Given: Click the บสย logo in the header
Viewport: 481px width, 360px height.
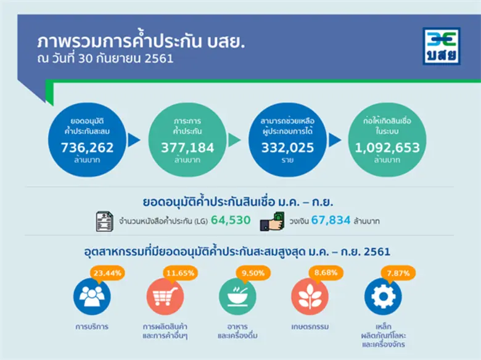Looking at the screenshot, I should (440, 46).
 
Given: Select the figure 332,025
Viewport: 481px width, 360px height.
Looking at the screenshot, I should (287, 148).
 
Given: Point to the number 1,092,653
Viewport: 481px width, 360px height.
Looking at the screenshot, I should (387, 148).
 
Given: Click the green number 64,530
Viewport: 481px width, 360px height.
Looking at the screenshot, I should (231, 220).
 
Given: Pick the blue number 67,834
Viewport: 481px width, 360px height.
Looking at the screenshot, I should (331, 220).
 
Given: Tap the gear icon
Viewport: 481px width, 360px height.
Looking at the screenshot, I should (382, 297).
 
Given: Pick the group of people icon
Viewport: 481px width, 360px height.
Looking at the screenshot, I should (92, 297).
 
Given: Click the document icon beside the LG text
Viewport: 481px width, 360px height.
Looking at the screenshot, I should (105, 221).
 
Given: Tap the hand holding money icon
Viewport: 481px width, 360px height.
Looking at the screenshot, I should (271, 221).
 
